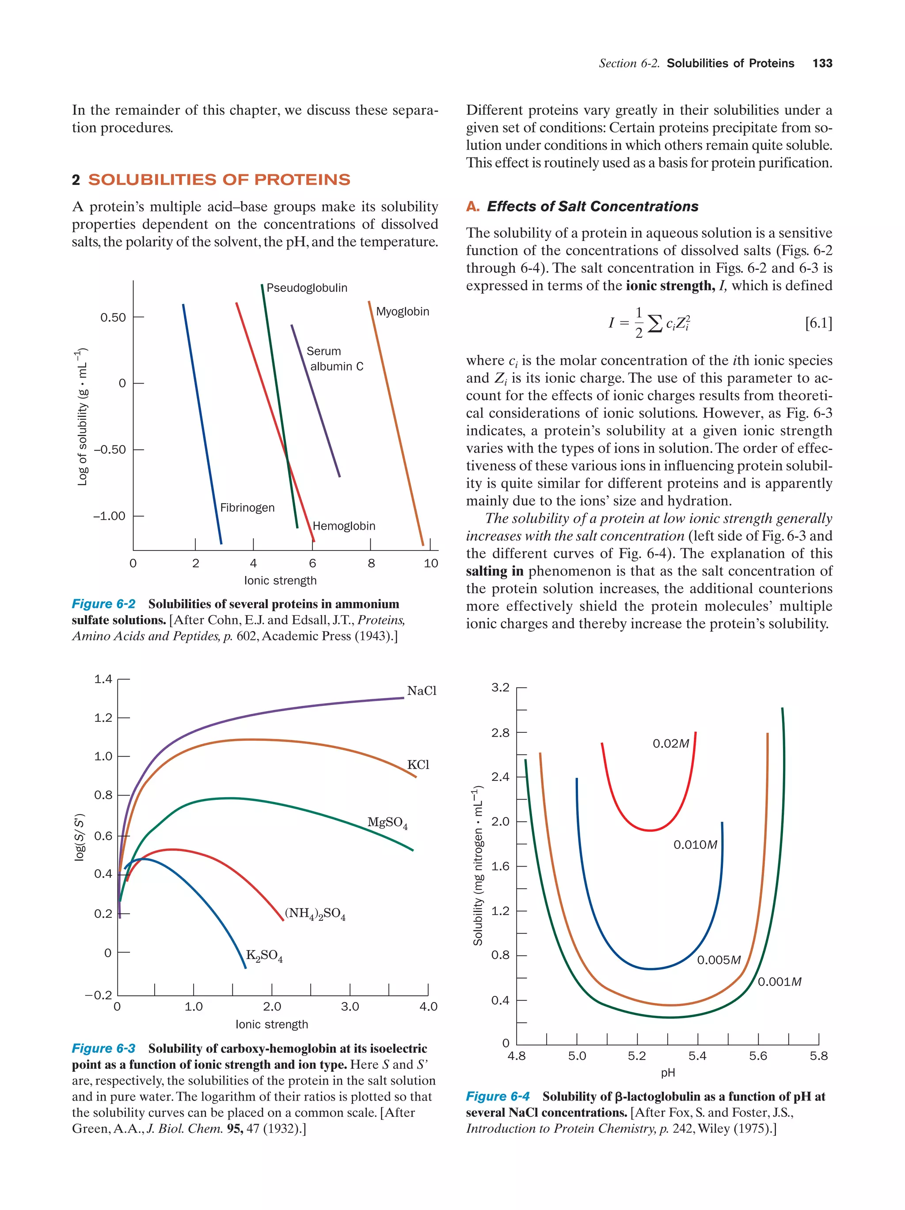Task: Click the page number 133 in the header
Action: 822,63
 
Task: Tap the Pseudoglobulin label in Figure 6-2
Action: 307,288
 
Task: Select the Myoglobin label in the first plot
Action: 403,311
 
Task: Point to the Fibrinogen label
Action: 247,508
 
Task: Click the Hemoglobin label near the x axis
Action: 344,526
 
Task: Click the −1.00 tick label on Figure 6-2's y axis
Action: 109,516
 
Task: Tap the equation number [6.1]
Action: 818,323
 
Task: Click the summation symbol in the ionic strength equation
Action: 654,323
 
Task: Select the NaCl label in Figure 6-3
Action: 422,691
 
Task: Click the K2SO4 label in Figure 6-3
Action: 264,955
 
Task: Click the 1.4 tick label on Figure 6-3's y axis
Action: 103,679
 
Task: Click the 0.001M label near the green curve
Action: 779,981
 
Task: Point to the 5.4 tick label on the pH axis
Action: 697,1056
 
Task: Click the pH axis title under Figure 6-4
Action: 667,1073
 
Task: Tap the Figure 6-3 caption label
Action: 103,1048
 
